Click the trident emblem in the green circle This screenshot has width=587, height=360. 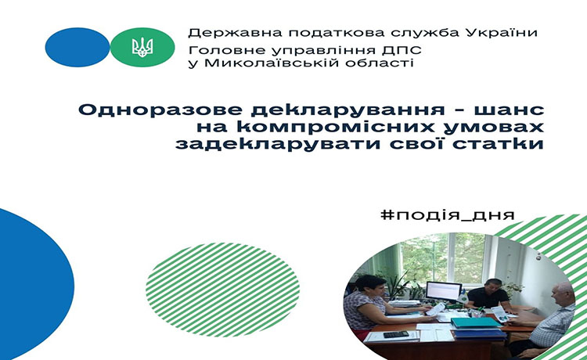pyautogui.click(x=142, y=48)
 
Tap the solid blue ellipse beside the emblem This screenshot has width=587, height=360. pyautogui.click(x=77, y=47)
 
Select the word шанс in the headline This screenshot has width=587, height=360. pyautogui.click(x=510, y=111)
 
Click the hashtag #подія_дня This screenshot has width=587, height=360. pyautogui.click(x=448, y=214)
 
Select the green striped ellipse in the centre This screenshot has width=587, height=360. pyautogui.click(x=223, y=290)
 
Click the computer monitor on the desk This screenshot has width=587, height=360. pyautogui.click(x=444, y=290)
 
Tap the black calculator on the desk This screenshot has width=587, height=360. pyautogui.click(x=396, y=334)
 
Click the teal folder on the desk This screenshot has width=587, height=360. pyautogui.click(x=475, y=322)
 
